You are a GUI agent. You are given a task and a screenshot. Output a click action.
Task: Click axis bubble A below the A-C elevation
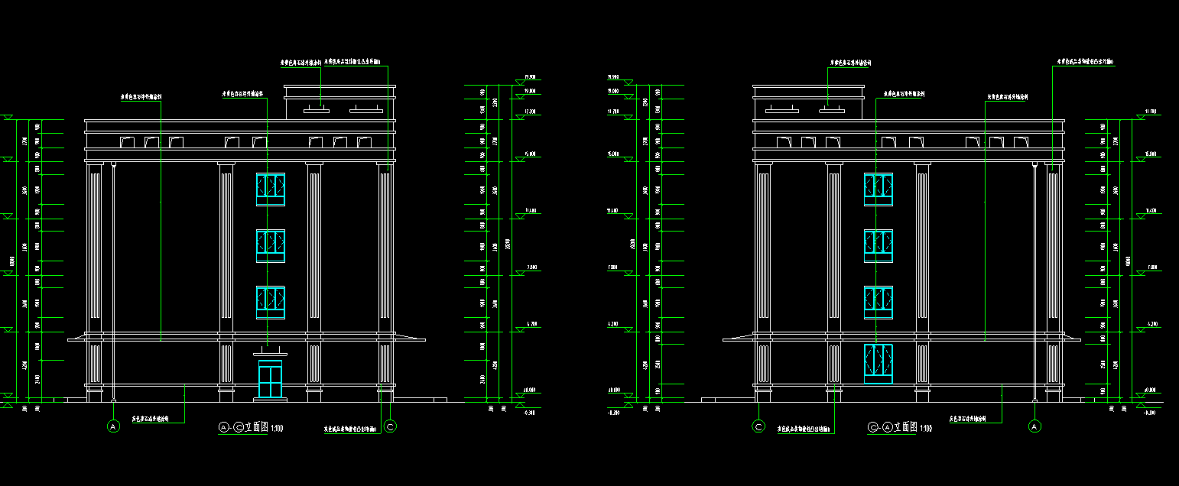[114, 426]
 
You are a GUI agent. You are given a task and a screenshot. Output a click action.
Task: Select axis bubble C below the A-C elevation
[391, 426]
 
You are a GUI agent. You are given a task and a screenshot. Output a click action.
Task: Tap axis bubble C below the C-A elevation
[759, 426]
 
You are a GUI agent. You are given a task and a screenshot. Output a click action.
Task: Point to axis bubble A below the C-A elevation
[1035, 426]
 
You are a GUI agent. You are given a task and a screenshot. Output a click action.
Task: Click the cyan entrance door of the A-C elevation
[270, 380]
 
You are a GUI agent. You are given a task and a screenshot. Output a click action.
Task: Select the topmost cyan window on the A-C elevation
[271, 189]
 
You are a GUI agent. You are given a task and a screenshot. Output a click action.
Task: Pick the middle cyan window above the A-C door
[271, 245]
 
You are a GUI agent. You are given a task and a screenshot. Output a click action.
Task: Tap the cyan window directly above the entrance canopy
[271, 302]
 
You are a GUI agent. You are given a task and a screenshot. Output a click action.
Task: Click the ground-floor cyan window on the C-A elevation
[879, 363]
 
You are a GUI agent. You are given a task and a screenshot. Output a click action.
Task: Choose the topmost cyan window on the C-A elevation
[879, 189]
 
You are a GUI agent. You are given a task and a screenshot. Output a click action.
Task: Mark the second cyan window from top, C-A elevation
[879, 245]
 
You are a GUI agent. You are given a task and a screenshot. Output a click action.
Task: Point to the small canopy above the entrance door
[270, 353]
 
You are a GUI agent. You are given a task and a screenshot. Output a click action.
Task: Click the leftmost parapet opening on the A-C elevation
[128, 142]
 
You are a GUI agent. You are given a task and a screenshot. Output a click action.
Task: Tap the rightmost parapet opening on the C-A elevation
[1020, 142]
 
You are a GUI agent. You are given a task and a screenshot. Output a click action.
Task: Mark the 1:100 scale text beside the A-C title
[276, 428]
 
